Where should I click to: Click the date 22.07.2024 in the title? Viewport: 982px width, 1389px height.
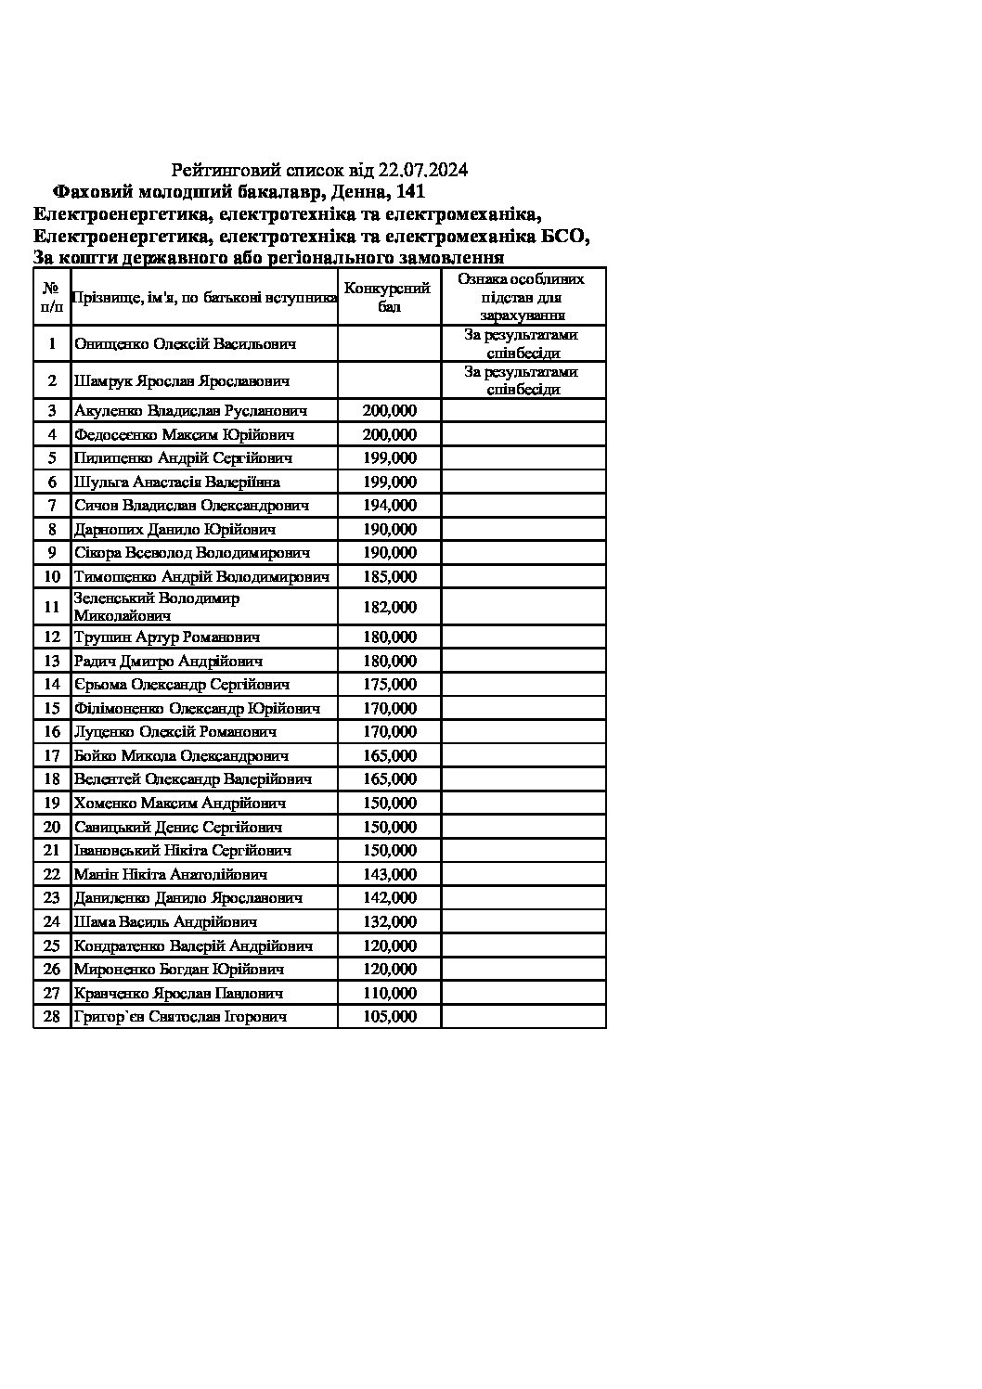point(423,170)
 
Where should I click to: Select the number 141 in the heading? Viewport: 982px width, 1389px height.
point(410,192)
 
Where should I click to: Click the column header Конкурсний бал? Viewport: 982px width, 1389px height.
point(389,297)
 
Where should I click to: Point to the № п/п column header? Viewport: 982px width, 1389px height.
point(52,297)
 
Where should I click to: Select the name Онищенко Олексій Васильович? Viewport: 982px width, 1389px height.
point(185,344)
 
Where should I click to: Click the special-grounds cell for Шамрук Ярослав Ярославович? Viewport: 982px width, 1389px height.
point(523,380)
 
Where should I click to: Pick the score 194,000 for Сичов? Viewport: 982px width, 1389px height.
point(390,506)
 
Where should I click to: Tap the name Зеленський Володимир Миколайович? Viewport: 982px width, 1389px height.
point(157,607)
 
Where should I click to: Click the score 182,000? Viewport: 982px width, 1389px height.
point(390,607)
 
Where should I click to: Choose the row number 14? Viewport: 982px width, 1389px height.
point(52,685)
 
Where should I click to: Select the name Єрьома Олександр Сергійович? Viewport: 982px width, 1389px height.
point(182,685)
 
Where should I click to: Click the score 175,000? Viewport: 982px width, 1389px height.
point(390,685)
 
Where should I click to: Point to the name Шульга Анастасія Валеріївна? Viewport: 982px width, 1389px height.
point(177,482)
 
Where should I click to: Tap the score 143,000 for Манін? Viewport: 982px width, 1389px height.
point(390,874)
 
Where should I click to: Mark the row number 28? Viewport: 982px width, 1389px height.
point(52,1017)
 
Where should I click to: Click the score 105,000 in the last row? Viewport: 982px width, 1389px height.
point(390,1017)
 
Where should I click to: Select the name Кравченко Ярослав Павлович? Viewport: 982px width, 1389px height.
point(178,993)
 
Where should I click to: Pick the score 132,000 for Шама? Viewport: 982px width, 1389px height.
point(390,921)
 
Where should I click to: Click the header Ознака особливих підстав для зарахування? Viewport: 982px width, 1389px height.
point(523,297)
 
